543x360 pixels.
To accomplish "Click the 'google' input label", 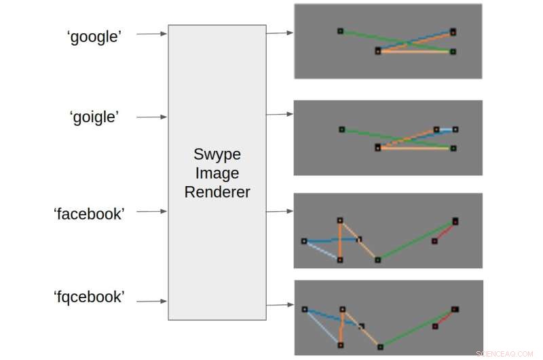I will click(94, 37).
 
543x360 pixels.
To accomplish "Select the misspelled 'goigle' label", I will click(94, 117).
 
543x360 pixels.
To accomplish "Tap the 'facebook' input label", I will click(89, 213).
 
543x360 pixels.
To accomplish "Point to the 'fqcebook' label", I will click(89, 297).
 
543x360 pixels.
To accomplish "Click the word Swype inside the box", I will click(217, 154).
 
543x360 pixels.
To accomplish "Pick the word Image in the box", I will click(217, 173).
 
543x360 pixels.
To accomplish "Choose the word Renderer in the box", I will click(217, 192).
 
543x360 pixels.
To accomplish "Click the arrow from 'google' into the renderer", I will click(151, 33).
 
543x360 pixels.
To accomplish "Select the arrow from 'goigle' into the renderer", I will click(151, 117).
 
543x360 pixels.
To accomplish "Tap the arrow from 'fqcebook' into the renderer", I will click(151, 301).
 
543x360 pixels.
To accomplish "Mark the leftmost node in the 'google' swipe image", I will click(341, 31).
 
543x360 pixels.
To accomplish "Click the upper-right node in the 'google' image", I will click(453, 31).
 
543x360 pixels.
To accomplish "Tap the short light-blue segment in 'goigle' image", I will click(446, 129).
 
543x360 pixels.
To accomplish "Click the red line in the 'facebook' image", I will click(445, 231).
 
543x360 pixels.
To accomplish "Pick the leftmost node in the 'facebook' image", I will click(304, 240).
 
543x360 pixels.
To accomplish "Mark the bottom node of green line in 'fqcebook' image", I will click(380, 346).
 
